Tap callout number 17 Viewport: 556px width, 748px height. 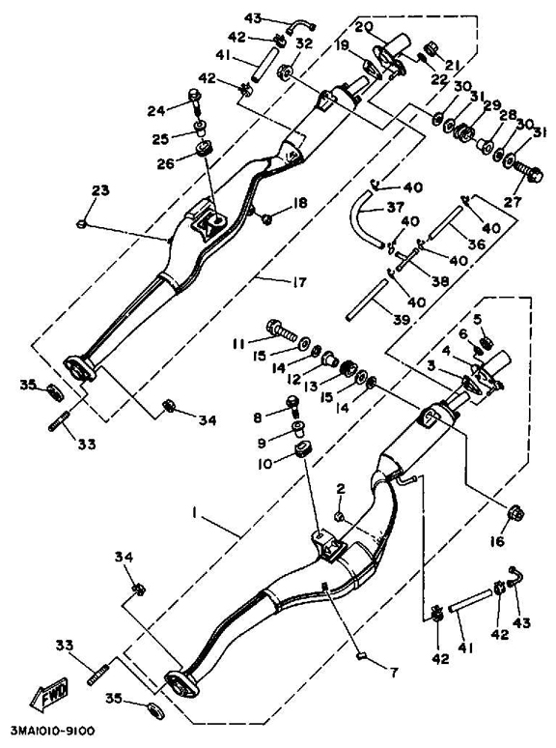pyautogui.click(x=298, y=282)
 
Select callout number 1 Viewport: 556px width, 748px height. pyautogui.click(x=194, y=512)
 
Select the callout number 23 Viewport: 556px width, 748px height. pyautogui.click(x=100, y=190)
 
